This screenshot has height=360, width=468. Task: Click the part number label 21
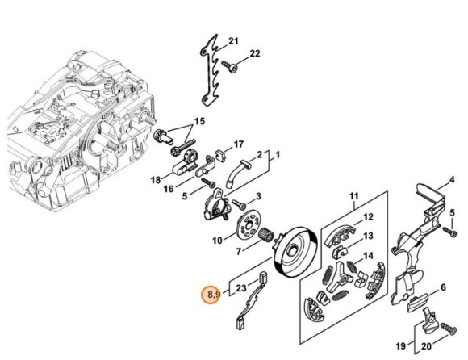(x=234, y=41)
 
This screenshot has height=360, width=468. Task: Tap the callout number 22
(x=255, y=53)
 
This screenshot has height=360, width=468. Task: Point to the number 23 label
(x=241, y=288)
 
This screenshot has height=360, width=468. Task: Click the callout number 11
(x=353, y=196)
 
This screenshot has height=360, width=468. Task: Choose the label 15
(x=200, y=122)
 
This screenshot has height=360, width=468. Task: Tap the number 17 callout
(x=239, y=144)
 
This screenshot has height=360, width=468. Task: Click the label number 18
(x=156, y=180)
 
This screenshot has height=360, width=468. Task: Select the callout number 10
(x=217, y=240)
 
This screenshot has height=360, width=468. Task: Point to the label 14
(x=368, y=256)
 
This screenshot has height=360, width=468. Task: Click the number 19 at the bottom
(x=400, y=346)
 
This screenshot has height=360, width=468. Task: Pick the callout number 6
(x=443, y=287)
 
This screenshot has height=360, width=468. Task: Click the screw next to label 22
(x=230, y=66)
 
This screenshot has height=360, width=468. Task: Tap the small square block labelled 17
(x=221, y=156)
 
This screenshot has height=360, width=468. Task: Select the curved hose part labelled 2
(x=237, y=174)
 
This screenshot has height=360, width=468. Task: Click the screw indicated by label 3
(x=240, y=204)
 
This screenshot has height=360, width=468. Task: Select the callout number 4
(x=452, y=180)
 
